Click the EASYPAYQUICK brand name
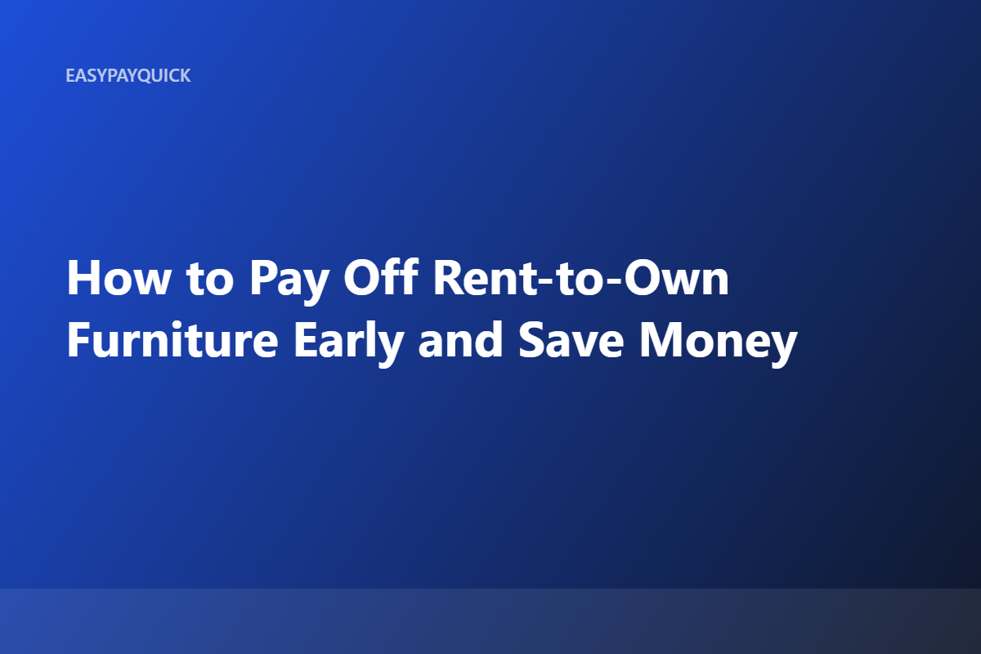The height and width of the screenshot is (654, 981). pyautogui.click(x=128, y=76)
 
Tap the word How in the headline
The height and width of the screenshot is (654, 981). pyautogui.click(x=119, y=278)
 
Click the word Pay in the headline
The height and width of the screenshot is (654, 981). pyautogui.click(x=289, y=283)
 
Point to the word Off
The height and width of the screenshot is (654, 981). pyautogui.click(x=381, y=277)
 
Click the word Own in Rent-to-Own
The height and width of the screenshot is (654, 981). pyautogui.click(x=677, y=278)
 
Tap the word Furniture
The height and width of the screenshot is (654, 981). pyautogui.click(x=172, y=339)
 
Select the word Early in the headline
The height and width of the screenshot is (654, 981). pyautogui.click(x=348, y=344)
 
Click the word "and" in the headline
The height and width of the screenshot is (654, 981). pyautogui.click(x=460, y=339)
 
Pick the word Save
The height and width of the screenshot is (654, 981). pyautogui.click(x=571, y=339)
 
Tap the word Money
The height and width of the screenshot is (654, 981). pyautogui.click(x=719, y=344)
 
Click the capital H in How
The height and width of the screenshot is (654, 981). pyautogui.click(x=83, y=278)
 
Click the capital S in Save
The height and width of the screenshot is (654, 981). pyautogui.click(x=531, y=339)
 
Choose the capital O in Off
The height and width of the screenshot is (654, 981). pyautogui.click(x=363, y=278)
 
